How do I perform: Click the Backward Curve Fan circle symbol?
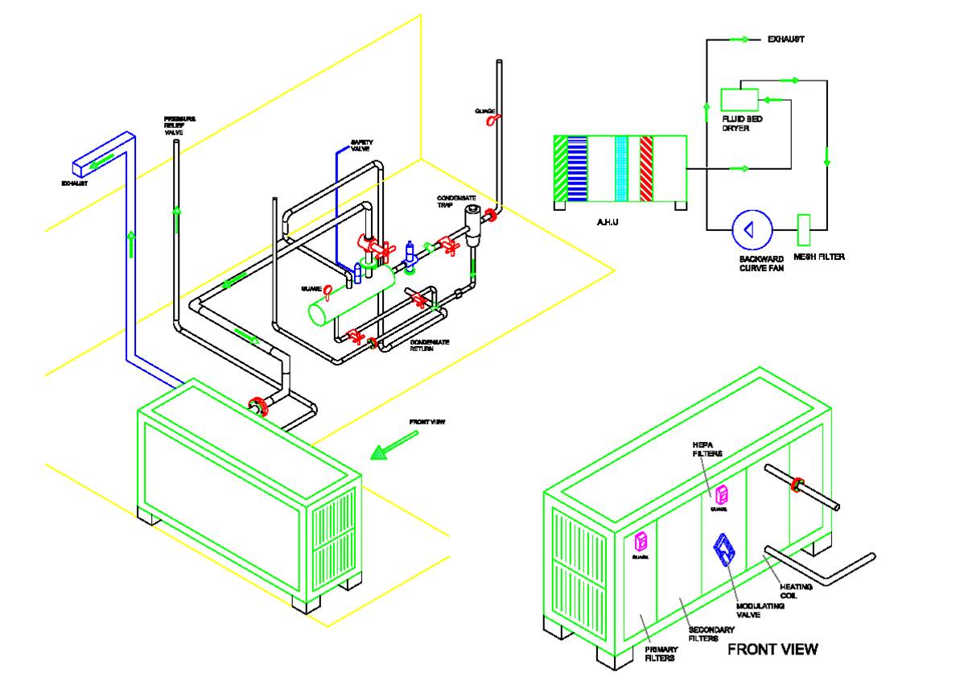tap(752, 229)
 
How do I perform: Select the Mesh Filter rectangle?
tap(803, 230)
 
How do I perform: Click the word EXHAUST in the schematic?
tap(785, 39)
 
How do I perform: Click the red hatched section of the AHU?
tap(645, 168)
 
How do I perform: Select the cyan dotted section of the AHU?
tap(620, 168)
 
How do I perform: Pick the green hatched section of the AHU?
tap(561, 168)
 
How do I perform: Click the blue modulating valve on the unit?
tap(725, 552)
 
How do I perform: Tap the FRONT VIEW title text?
tap(772, 649)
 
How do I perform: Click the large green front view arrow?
tap(394, 445)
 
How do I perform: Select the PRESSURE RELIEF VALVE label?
tap(179, 126)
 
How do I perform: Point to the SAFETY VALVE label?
tap(361, 146)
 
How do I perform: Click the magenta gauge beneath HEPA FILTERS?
tap(722, 493)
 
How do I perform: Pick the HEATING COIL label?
tap(796, 591)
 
